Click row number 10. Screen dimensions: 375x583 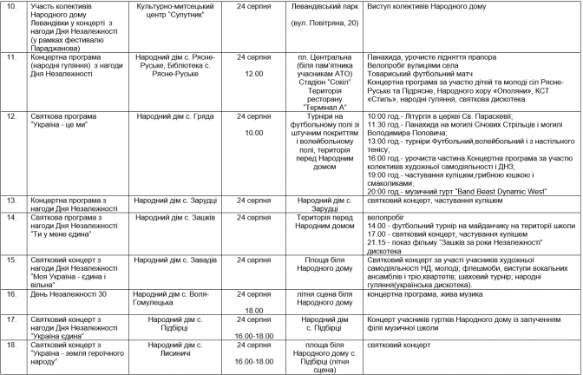pos(11,5)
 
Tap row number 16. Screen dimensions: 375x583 pos(12,295)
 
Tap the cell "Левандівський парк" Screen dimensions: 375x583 pos(322,5)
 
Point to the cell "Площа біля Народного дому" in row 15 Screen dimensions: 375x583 pos(322,262)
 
